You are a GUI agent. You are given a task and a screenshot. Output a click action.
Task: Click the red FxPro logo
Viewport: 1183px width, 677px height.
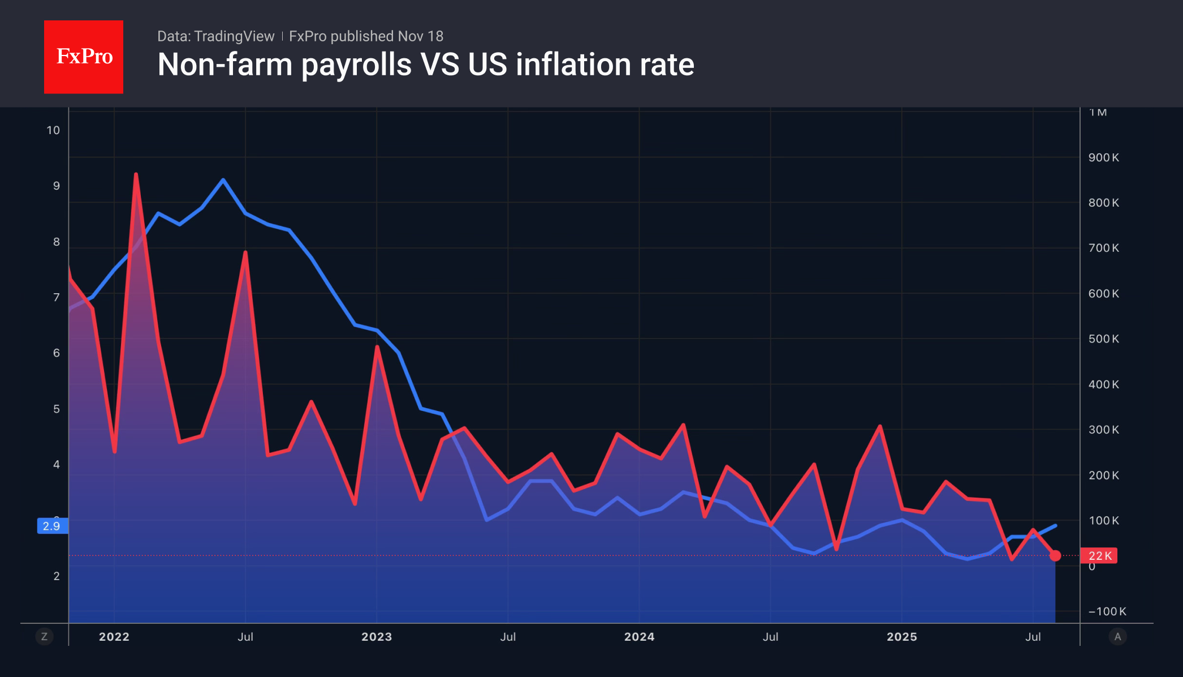tap(84, 57)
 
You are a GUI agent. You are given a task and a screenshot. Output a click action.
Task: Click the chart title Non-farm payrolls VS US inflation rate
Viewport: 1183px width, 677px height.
tap(425, 65)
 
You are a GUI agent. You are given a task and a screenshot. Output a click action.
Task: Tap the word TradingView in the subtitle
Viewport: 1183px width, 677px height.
tap(234, 36)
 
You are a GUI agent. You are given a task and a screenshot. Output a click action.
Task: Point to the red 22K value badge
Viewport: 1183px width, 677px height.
tap(1099, 556)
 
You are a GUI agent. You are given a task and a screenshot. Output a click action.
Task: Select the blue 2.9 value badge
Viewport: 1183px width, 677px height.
tap(52, 526)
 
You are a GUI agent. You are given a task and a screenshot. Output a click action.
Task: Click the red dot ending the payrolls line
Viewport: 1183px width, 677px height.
tap(1055, 555)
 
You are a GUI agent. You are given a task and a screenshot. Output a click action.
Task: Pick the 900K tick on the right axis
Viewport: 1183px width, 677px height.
tap(1103, 157)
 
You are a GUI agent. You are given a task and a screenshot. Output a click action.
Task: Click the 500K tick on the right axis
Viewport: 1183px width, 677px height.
tap(1103, 339)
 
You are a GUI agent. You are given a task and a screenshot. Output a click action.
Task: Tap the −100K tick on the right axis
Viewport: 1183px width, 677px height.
tap(1107, 611)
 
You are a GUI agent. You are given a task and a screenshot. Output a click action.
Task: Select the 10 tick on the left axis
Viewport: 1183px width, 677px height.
tap(53, 130)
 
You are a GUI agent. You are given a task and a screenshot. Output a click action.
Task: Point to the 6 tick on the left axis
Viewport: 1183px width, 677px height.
tap(56, 353)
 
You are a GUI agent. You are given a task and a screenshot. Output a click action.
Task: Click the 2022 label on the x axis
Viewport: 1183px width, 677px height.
tap(114, 637)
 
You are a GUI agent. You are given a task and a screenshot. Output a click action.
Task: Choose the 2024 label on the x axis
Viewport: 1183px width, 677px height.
tap(639, 637)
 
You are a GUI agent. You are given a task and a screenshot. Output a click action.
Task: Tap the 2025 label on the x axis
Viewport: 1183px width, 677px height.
tap(901, 637)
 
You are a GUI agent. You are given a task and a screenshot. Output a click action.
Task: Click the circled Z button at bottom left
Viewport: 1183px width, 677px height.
tap(44, 637)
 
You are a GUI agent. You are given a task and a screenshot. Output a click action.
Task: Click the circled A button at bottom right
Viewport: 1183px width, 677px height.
tap(1117, 637)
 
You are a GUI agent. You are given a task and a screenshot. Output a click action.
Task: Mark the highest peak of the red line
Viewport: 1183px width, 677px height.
tap(136, 174)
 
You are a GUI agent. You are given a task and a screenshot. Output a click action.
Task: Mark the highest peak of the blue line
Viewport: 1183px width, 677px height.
tap(223, 180)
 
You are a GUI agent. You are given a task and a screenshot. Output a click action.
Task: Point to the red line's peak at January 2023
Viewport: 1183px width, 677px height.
tap(377, 346)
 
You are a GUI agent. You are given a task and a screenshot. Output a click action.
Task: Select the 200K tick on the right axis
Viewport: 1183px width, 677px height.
tap(1103, 475)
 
